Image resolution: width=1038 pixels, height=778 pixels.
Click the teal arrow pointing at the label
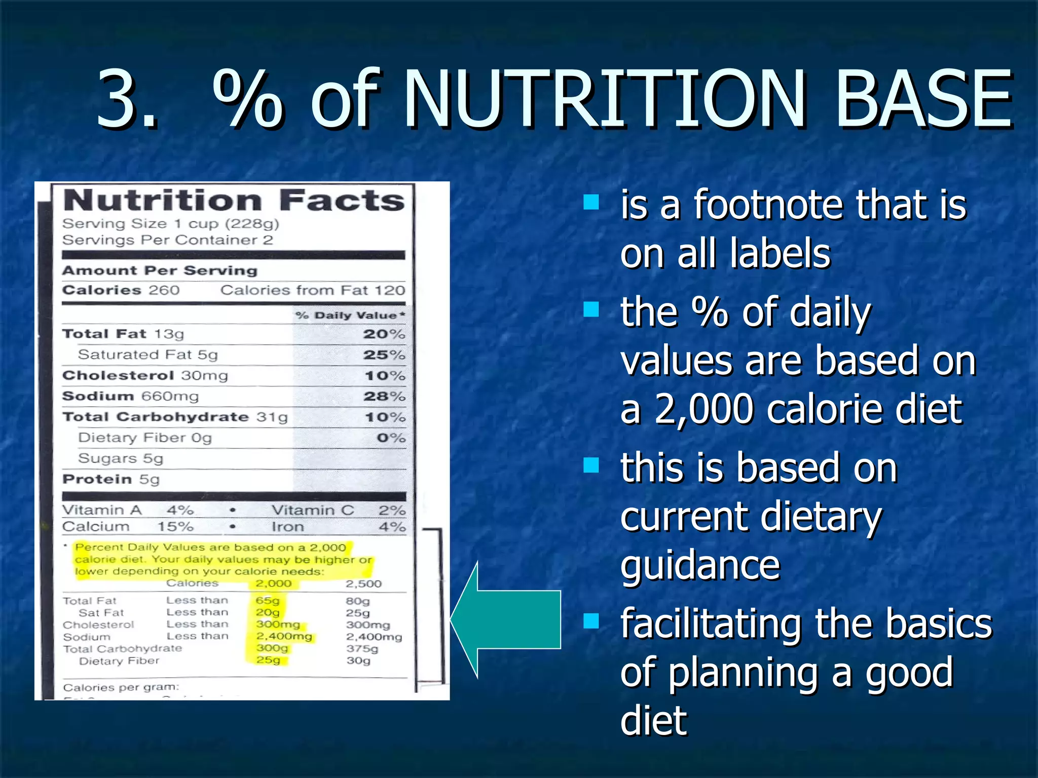512,619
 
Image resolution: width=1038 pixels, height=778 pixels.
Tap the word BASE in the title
923,99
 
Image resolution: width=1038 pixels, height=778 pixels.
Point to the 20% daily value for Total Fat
384,334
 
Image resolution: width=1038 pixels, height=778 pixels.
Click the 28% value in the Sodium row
384,397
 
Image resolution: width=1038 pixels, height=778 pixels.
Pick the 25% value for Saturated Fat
384,355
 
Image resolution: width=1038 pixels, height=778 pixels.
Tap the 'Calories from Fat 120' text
313,290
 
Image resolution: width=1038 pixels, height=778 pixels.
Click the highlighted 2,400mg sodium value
284,636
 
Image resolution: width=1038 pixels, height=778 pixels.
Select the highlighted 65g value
268,601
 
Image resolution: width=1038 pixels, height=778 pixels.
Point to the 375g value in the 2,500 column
362,648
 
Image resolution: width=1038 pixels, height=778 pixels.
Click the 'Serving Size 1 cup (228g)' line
170,224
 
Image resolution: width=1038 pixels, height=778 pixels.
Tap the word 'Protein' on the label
97,479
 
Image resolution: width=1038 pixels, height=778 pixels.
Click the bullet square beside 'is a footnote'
591,202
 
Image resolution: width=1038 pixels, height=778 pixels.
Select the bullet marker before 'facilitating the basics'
591,620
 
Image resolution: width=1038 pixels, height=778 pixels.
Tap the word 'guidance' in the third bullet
700,565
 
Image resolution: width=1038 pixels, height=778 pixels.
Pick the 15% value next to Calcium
175,527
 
